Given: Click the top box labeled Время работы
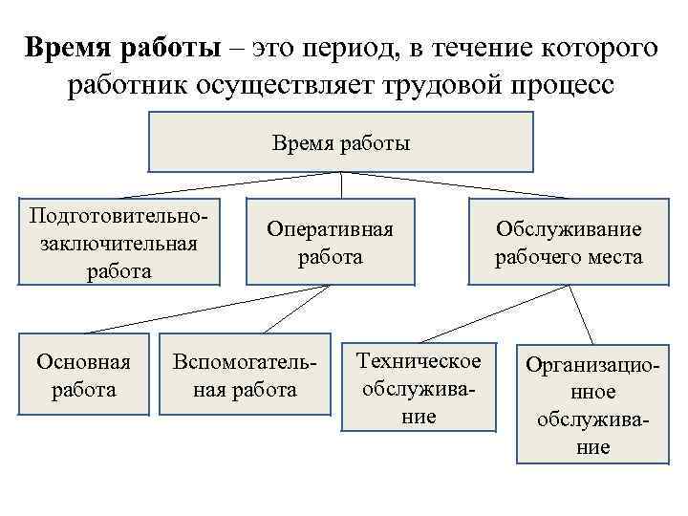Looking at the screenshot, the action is tap(340, 142).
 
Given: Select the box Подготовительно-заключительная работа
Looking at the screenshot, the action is tap(118, 241).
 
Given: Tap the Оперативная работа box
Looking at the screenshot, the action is tap(330, 242).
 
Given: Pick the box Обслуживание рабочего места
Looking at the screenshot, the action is tap(568, 242).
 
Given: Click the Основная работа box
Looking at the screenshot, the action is tap(83, 375).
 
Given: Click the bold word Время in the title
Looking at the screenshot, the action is tap(67, 49).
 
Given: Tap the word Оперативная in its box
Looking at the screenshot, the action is tap(330, 229).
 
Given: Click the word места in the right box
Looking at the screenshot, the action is tap(614, 256).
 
